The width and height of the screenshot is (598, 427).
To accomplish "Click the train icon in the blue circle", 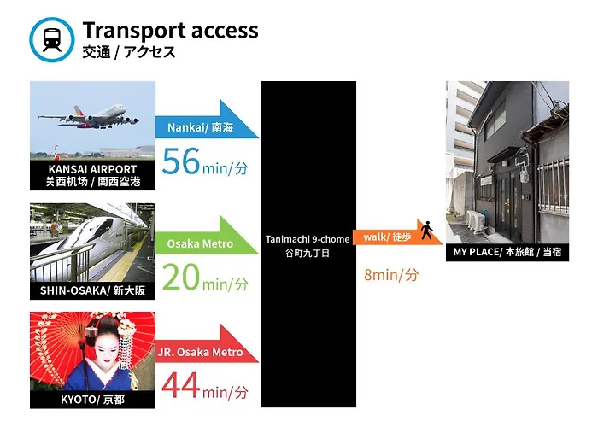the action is [x=52, y=39].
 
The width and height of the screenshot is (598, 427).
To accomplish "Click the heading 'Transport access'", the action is [x=170, y=31].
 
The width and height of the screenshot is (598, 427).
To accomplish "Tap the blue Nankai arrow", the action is [x=207, y=120].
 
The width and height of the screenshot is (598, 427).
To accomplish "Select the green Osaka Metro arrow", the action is [x=207, y=235].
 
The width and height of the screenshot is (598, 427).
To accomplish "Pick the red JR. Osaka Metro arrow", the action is [x=207, y=343].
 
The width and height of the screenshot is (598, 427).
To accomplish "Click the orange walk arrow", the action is [x=398, y=232].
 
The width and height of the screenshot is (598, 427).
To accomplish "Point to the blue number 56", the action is [x=181, y=161].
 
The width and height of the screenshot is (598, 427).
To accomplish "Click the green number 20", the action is [x=181, y=278].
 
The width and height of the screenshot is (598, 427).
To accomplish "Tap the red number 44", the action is [x=181, y=385].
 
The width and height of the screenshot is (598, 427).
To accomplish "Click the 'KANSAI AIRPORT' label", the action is [x=92, y=169].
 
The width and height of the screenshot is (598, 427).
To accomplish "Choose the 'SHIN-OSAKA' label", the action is [x=74, y=290].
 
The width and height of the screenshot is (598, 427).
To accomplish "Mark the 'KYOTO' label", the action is [x=79, y=400].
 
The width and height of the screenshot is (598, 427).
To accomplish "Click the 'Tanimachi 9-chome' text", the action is [x=308, y=239].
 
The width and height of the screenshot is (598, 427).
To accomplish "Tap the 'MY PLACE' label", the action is [x=476, y=252].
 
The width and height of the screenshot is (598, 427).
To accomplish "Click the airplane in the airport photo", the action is [x=89, y=117].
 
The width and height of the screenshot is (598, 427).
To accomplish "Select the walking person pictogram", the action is [x=427, y=230].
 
